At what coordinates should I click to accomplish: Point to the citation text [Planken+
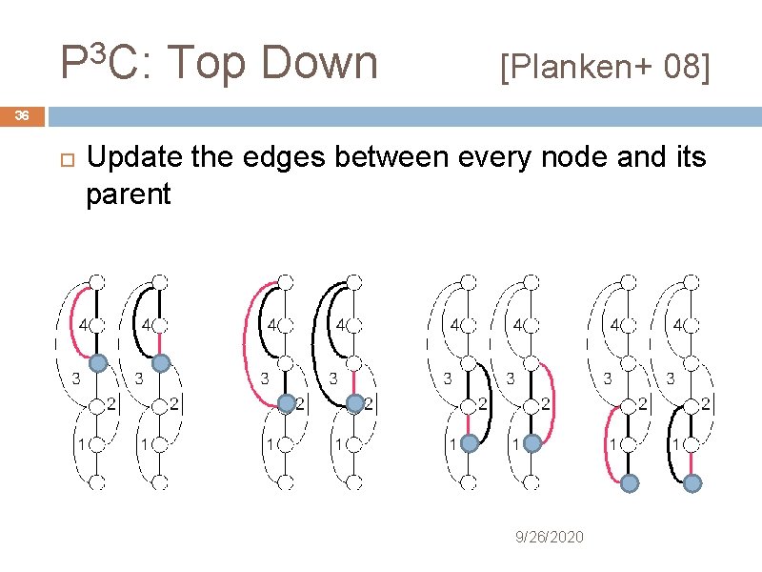point(570,68)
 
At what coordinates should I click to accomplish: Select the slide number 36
point(23,116)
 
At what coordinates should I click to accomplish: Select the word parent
point(128,194)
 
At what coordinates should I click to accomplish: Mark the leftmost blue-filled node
point(97,362)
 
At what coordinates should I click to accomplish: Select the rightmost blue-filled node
point(692,483)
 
